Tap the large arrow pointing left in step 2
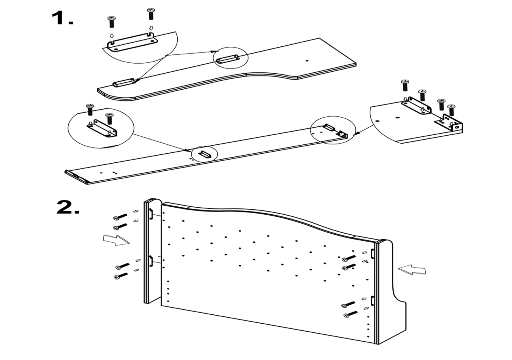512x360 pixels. [x=412, y=270]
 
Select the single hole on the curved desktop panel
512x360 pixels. [x=307, y=61]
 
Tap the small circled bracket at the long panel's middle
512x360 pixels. [x=204, y=154]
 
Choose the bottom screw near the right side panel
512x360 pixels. [x=350, y=314]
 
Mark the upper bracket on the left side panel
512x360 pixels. [x=151, y=214]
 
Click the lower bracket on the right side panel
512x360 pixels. [x=372, y=301]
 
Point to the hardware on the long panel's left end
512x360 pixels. [x=76, y=176]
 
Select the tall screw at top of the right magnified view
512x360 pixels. [x=404, y=85]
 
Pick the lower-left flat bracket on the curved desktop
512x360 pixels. [x=123, y=83]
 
